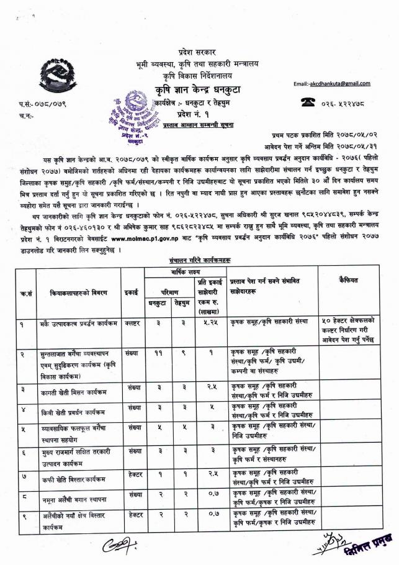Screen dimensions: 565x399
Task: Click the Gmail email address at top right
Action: point(331,83)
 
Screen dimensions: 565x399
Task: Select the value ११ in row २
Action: point(156,351)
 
